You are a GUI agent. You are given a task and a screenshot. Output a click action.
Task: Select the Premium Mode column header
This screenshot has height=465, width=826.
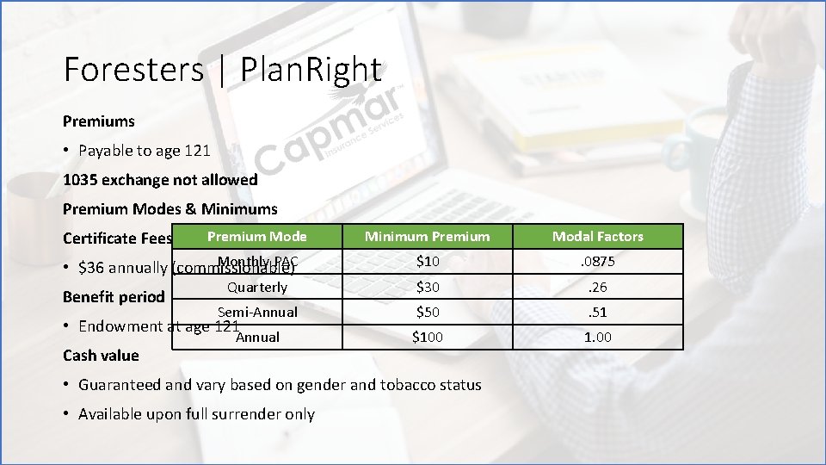click(x=256, y=236)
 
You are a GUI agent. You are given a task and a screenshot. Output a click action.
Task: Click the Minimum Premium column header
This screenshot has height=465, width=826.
click(x=427, y=237)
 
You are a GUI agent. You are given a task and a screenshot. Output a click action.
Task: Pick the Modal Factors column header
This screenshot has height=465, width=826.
click(x=597, y=237)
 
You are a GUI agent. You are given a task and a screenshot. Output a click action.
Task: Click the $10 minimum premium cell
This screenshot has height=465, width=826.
click(x=427, y=262)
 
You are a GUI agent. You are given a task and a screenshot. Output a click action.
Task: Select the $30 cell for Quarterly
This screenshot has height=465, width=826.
click(x=427, y=287)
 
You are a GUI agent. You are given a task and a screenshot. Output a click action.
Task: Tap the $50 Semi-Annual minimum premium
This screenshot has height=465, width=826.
click(x=427, y=312)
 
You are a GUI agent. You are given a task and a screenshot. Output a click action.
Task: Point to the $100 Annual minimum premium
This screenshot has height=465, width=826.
click(x=427, y=337)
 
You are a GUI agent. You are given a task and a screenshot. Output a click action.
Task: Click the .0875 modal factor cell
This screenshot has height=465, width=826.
click(x=597, y=262)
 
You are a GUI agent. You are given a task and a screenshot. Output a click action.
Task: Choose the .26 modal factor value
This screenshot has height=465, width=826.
click(x=597, y=287)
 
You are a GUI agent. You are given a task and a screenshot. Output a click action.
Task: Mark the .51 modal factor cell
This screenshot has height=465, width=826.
click(x=597, y=312)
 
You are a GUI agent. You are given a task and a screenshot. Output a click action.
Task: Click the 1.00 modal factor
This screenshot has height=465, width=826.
click(x=597, y=337)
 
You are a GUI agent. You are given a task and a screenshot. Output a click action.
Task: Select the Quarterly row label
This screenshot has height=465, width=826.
click(x=257, y=287)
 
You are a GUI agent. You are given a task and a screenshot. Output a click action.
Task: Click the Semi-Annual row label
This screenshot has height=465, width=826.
click(x=257, y=312)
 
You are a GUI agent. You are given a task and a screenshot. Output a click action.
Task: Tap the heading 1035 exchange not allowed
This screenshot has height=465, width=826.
click(x=160, y=180)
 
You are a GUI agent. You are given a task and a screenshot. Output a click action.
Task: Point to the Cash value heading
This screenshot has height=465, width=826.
click(x=101, y=356)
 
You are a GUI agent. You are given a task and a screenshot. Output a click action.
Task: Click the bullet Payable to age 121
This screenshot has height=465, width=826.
click(x=144, y=151)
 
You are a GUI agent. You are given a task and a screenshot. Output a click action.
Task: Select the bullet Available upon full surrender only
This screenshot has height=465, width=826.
click(x=196, y=414)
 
